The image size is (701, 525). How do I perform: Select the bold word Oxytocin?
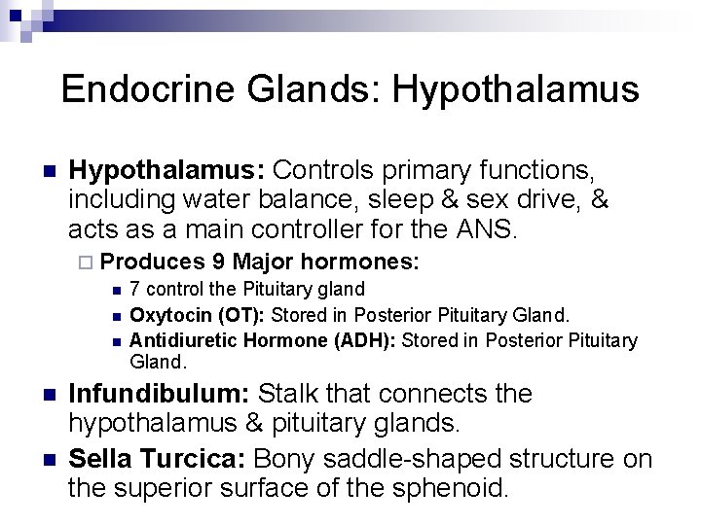tap(163, 314)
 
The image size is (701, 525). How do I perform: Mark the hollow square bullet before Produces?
tap(85, 263)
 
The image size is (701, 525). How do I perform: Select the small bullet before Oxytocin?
tap(116, 315)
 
